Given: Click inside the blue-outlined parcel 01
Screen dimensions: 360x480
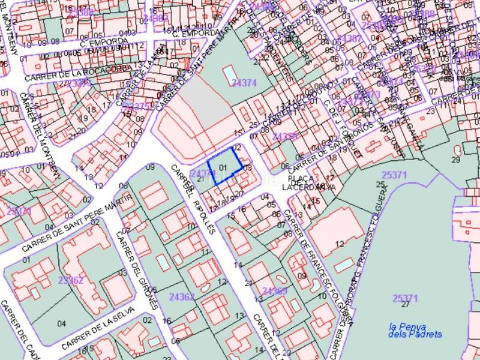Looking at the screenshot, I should (224, 167).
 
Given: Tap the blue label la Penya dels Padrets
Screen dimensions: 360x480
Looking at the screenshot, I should (415, 331).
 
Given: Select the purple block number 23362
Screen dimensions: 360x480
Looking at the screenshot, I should (71, 280).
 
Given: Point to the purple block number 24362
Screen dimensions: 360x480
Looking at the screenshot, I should (182, 296).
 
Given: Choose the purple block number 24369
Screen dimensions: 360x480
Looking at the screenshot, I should (275, 291).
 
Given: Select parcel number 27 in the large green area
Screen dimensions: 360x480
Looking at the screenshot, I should (406, 305).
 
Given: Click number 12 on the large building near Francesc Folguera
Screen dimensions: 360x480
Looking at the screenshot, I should (340, 244).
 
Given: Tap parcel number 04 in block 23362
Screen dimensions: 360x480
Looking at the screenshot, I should (61, 323).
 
